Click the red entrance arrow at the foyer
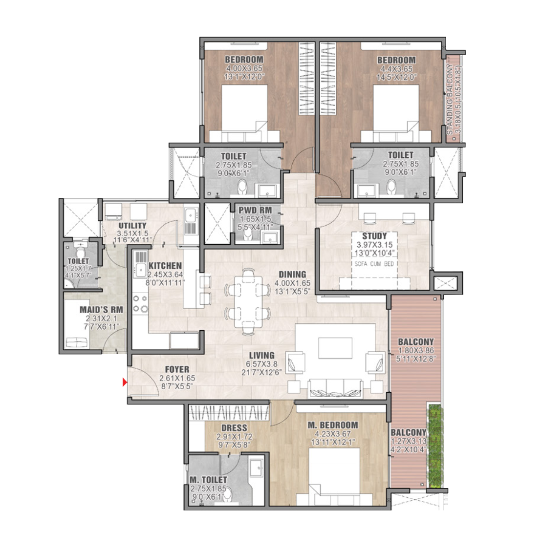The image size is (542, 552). [x=125, y=382]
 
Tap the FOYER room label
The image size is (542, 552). [x=177, y=369]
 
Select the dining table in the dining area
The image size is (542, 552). [x=248, y=301]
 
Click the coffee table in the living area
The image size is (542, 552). [x=335, y=348]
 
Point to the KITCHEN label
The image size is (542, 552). [x=165, y=266]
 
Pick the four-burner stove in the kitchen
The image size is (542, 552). [x=140, y=304]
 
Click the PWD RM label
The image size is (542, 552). [x=255, y=210]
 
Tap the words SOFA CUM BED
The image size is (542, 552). [x=374, y=264]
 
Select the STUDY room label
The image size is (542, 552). [x=374, y=236]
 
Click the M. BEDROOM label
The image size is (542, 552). [x=333, y=425]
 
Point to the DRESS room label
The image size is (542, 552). [x=234, y=428]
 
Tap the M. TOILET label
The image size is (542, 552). [x=209, y=480]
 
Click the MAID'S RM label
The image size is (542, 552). [x=102, y=310]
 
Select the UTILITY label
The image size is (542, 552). [x=132, y=226]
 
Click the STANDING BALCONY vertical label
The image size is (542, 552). [x=450, y=100]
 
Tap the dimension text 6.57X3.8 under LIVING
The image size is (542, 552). [x=261, y=364]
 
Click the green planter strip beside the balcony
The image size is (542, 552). [x=435, y=446]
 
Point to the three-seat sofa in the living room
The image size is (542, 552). [x=335, y=388]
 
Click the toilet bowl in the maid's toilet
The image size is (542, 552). [x=81, y=252]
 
